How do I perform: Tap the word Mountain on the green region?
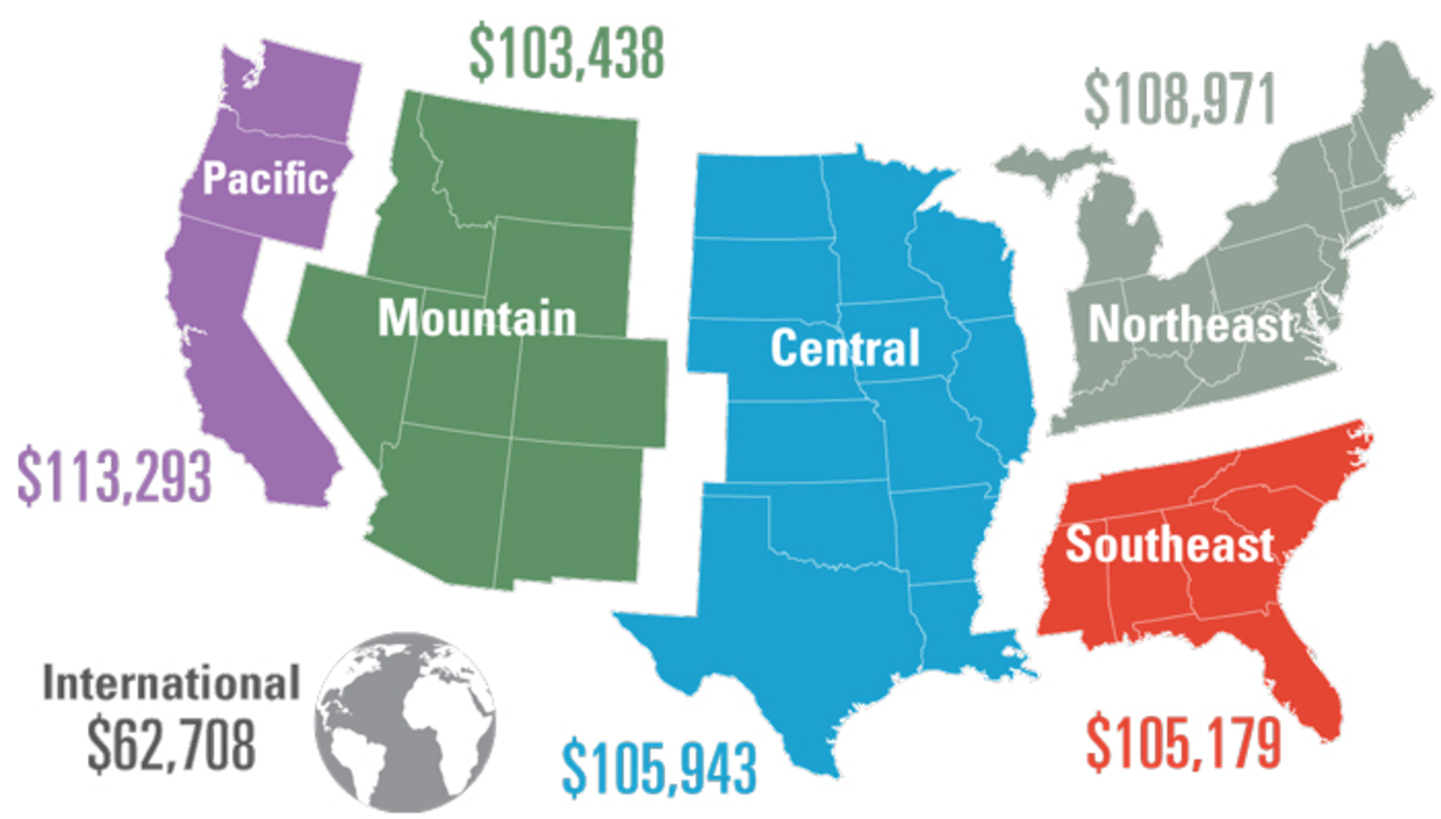477,318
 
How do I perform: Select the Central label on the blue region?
845,348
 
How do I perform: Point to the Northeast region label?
1191,324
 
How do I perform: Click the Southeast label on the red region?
1169,544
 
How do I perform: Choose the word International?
171,682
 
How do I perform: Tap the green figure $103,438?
567,52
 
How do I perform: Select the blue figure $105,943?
659,768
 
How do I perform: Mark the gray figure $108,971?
1180,100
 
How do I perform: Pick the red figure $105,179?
1184,742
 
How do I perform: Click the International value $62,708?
171,744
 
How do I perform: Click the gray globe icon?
405,721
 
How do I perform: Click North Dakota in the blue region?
762,196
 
